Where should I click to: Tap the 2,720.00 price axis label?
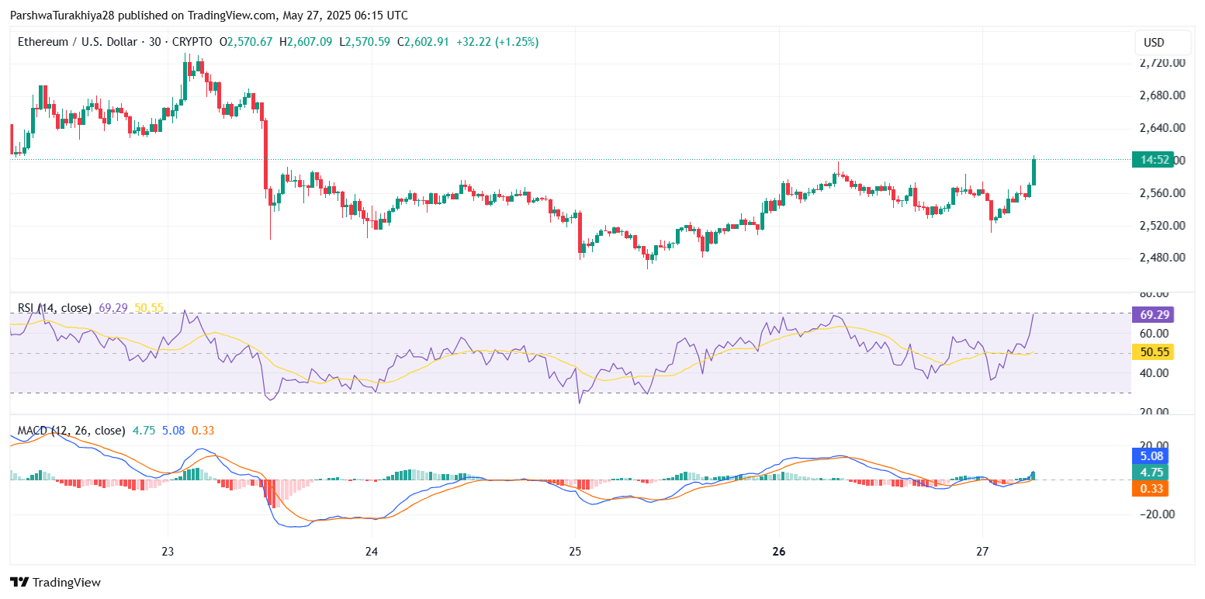coord(1158,63)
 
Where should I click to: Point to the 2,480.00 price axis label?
coord(1158,258)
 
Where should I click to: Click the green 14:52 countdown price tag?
coord(1152,160)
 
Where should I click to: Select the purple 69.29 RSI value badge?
coord(1152,314)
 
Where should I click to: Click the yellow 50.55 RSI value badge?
coord(1152,352)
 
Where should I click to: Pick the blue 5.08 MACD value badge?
coord(1150,456)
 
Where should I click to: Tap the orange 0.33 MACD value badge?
coord(1150,489)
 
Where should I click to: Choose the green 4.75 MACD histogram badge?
coord(1150,472)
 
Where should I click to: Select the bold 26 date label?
coord(779,552)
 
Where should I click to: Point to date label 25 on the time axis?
coord(575,552)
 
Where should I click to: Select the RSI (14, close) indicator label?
coord(54,308)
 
